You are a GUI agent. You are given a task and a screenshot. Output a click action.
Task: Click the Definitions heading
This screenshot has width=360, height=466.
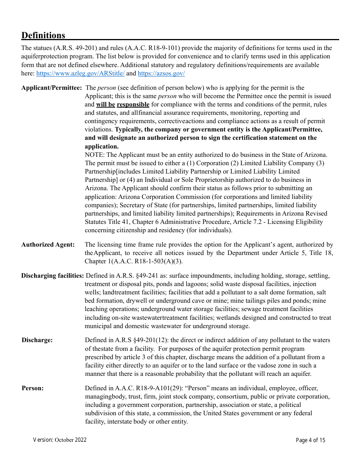click(x=43, y=35)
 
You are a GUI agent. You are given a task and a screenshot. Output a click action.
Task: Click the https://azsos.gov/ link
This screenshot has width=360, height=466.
click(x=161, y=73)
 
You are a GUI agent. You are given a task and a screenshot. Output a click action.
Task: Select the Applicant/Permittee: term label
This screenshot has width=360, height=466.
click(x=52, y=88)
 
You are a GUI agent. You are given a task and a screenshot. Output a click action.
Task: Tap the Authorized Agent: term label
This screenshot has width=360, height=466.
click(x=48, y=245)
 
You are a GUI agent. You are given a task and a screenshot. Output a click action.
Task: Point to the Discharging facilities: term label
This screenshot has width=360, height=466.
click(x=53, y=276)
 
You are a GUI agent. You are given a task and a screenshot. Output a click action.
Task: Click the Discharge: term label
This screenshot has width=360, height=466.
click(x=37, y=340)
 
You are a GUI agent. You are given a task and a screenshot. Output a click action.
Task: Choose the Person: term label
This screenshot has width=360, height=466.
click(x=33, y=388)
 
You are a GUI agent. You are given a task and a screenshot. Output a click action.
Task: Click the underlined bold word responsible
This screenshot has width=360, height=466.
click(x=133, y=105)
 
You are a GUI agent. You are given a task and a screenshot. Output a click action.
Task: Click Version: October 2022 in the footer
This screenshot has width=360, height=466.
click(x=60, y=440)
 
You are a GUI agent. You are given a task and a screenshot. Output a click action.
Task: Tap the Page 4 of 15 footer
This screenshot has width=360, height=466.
click(x=310, y=440)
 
